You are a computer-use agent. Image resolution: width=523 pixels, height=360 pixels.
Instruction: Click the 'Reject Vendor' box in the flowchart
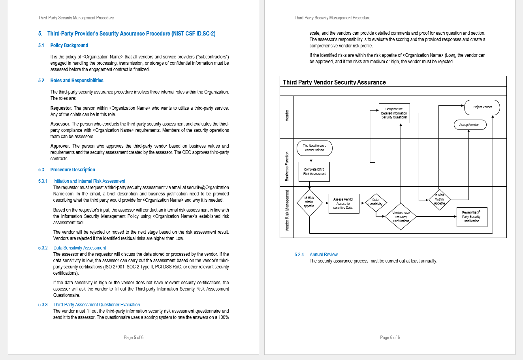(x=482, y=107)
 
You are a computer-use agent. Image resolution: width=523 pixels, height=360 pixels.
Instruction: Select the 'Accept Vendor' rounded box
(x=470, y=125)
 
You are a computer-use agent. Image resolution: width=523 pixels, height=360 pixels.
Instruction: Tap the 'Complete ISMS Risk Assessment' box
(x=314, y=172)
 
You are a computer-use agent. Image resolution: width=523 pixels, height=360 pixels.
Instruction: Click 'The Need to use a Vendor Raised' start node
(x=314, y=148)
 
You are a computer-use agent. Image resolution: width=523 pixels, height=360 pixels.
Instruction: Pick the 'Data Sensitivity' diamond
(x=375, y=202)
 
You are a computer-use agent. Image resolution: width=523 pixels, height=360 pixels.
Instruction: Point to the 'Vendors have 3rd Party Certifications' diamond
(x=401, y=217)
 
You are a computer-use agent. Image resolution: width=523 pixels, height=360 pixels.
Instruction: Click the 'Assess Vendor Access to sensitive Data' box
(x=344, y=203)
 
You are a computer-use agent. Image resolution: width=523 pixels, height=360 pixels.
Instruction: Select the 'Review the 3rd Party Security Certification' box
(x=471, y=217)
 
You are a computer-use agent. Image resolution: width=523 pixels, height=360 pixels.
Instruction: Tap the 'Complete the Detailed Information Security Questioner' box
(x=394, y=113)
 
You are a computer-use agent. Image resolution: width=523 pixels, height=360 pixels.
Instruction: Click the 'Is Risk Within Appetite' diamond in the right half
(x=439, y=199)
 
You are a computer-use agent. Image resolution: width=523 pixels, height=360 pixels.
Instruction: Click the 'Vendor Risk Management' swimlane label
(x=287, y=211)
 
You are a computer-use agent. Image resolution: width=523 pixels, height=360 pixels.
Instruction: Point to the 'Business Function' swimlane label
(x=287, y=166)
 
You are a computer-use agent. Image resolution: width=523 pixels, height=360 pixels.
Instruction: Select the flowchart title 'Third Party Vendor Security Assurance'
(x=334, y=82)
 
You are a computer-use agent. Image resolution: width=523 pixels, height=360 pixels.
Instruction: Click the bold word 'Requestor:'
(x=61, y=108)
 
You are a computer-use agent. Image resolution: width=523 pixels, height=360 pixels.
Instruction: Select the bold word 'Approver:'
(x=60, y=146)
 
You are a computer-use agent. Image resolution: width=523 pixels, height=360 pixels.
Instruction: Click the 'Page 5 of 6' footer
(x=134, y=337)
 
